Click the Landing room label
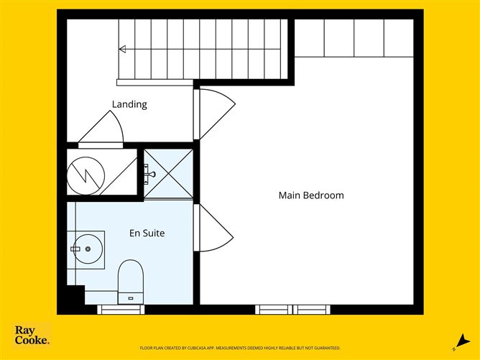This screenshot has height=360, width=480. [x=129, y=104]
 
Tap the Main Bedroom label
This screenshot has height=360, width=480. [x=310, y=195]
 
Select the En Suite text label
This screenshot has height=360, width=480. [x=147, y=233]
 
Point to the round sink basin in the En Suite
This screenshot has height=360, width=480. [x=88, y=249]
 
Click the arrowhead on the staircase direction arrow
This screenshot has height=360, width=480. [x=122, y=49]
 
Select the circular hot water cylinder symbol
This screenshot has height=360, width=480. [x=86, y=173]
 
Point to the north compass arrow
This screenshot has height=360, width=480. [x=458, y=341]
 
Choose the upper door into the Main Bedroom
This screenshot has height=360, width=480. [x=216, y=113]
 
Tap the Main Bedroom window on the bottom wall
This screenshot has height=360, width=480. [x=294, y=310]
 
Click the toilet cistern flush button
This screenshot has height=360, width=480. [x=131, y=295]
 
